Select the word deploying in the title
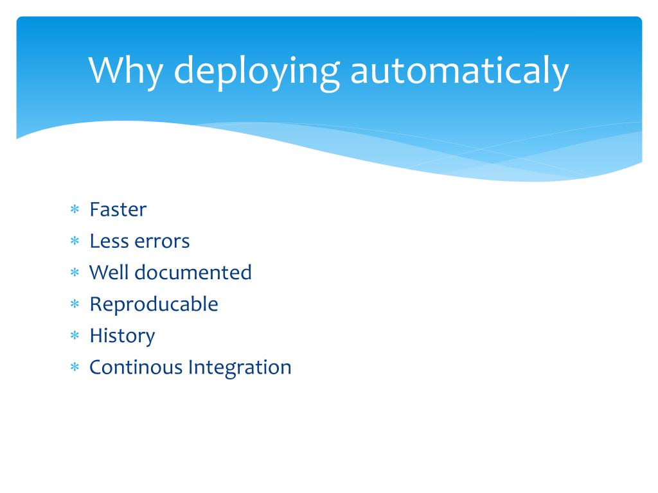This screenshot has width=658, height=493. pyautogui.click(x=256, y=72)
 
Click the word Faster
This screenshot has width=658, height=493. pyautogui.click(x=118, y=210)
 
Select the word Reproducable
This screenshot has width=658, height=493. pyautogui.click(x=154, y=304)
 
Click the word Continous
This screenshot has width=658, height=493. pyautogui.click(x=136, y=367)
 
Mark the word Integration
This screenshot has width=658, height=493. pyautogui.click(x=240, y=368)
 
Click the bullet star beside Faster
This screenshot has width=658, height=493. pyautogui.click(x=75, y=210)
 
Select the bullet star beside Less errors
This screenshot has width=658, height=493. pyautogui.click(x=75, y=241)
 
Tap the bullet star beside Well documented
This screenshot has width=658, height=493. pyautogui.click(x=75, y=273)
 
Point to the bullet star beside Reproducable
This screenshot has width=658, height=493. pyautogui.click(x=75, y=304)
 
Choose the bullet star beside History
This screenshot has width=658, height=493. pyautogui.click(x=75, y=336)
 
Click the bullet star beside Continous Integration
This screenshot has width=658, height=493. pyautogui.click(x=75, y=367)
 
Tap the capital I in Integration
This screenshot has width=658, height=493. pyautogui.click(x=190, y=367)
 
